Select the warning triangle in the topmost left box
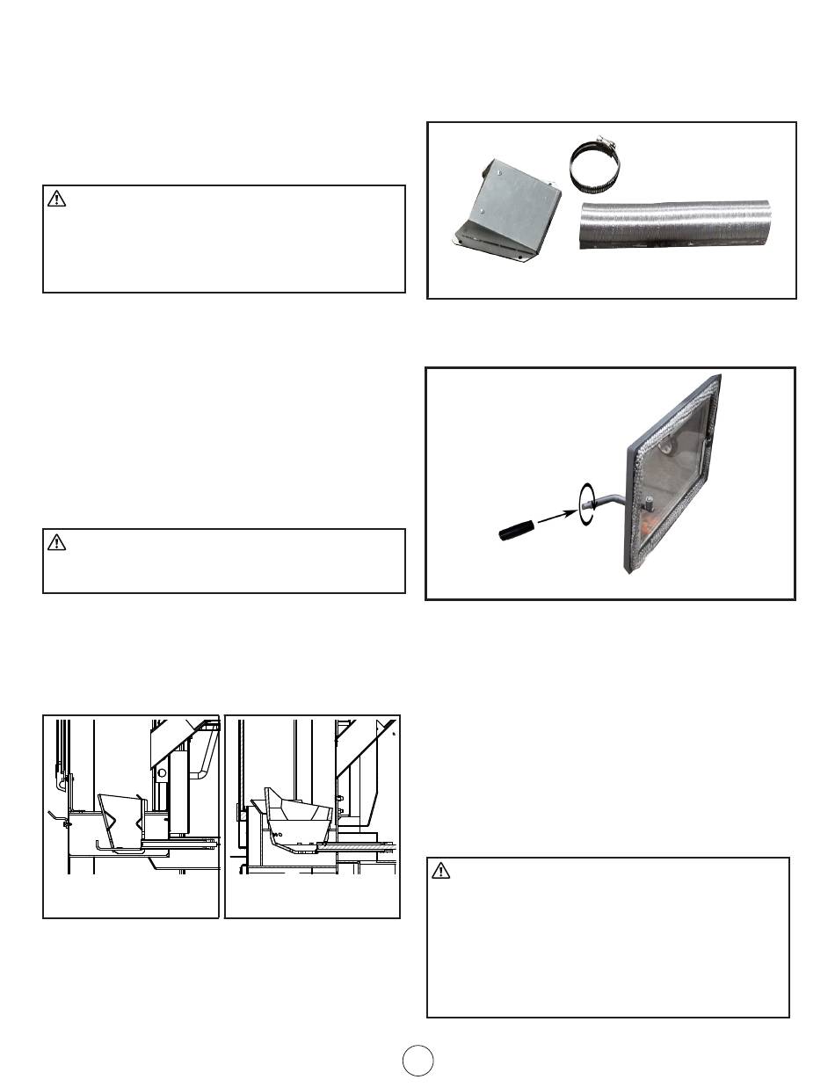coord(57,199)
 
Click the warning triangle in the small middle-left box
coord(57,543)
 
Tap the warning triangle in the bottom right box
coord(441,872)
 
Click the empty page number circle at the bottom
coord(417,1061)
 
